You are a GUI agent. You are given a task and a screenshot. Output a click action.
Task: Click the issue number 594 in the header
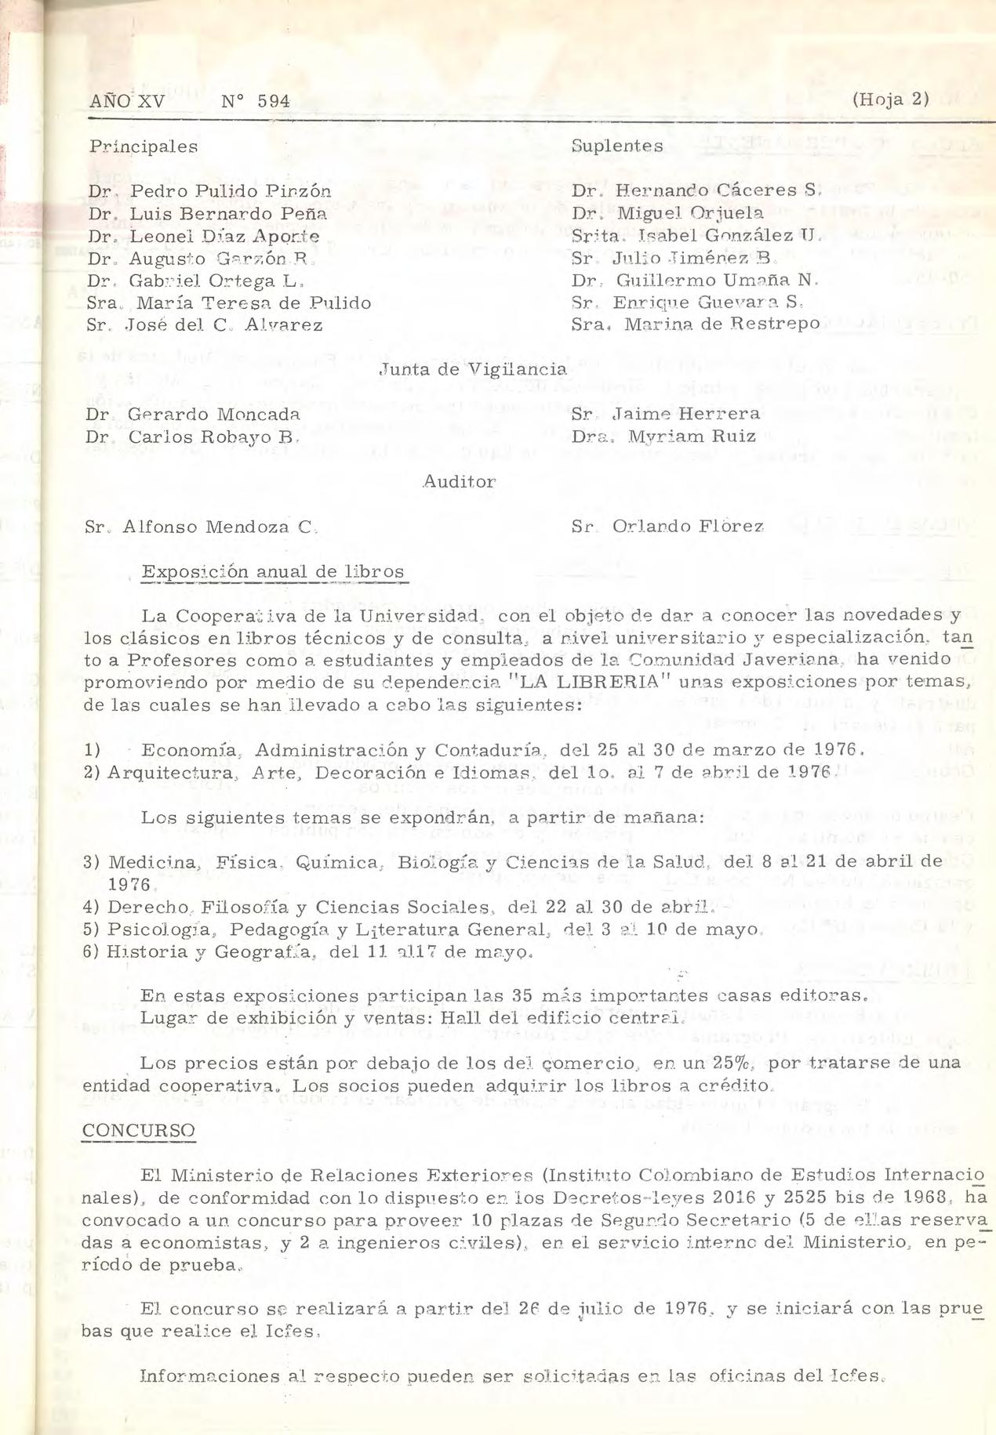click(273, 101)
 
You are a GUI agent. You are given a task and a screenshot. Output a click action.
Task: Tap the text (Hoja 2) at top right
click(889, 100)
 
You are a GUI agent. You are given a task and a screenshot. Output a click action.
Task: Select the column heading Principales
click(143, 147)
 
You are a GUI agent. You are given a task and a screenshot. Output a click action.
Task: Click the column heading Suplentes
click(617, 146)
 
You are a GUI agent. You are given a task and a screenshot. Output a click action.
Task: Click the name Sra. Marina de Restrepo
click(696, 324)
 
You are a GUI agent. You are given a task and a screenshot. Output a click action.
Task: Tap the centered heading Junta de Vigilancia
click(473, 368)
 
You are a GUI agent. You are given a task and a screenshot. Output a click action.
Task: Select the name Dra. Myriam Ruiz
click(663, 437)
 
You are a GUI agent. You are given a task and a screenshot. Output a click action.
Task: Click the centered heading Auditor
click(460, 482)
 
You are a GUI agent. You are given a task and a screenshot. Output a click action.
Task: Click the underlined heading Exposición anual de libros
click(273, 571)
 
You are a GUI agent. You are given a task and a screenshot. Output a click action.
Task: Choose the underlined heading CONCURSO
click(138, 1130)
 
